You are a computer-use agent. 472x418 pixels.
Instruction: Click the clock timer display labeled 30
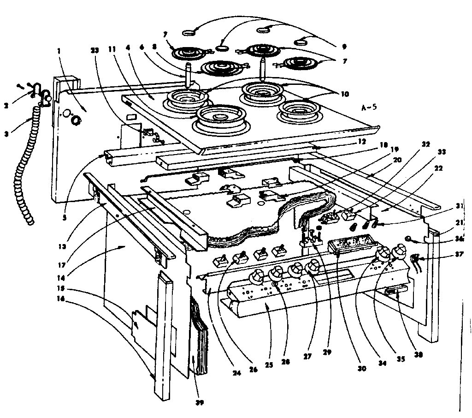coord(350,243)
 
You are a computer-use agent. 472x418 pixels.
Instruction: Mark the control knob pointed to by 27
coord(313,266)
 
